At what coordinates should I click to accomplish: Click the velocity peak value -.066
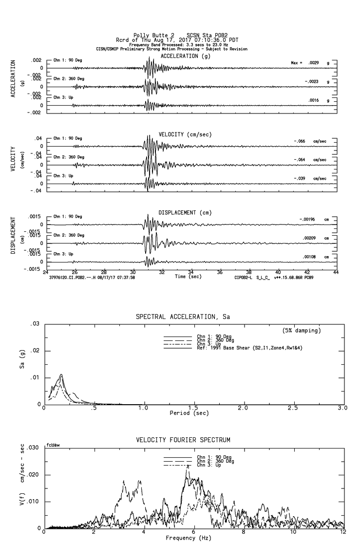(x=300, y=141)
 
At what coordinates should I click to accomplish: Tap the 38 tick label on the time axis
(x=249, y=272)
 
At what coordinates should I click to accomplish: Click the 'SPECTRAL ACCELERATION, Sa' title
(x=183, y=317)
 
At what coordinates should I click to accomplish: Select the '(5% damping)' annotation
(x=302, y=331)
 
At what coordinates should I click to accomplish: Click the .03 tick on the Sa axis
(x=35, y=324)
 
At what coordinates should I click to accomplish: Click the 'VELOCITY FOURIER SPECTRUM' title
(x=183, y=440)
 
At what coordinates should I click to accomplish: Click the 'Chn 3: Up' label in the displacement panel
(x=63, y=254)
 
